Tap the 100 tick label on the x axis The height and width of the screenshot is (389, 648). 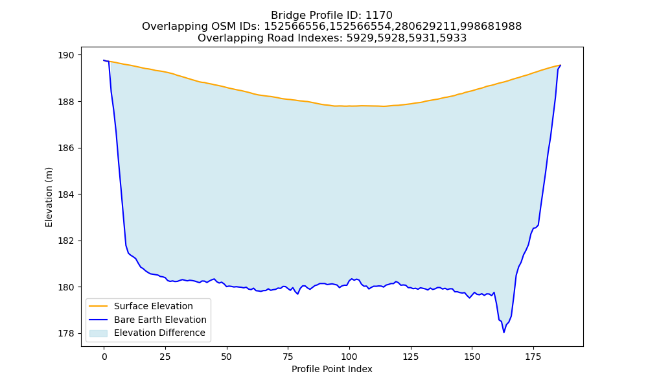pos(349,357)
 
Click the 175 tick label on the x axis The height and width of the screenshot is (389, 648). pos(533,357)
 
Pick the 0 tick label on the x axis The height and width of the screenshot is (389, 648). pos(104,357)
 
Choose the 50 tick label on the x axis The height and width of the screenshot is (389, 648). pos(226,357)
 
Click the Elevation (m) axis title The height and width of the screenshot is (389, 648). pos(49,197)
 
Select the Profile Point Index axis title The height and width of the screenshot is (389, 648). pos(332,369)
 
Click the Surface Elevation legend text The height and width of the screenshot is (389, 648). pos(154,306)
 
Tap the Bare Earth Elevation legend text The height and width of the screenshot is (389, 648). pos(160,320)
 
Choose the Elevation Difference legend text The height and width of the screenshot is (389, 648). pos(159,333)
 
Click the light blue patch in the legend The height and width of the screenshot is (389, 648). pos(98,333)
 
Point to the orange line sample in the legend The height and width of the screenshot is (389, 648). pos(98,306)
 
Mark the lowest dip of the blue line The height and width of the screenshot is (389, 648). pos(503,333)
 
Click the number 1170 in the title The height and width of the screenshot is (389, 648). pos(378,16)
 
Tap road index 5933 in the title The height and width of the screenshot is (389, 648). pos(453,38)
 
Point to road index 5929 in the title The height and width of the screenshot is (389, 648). pos(360,38)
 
